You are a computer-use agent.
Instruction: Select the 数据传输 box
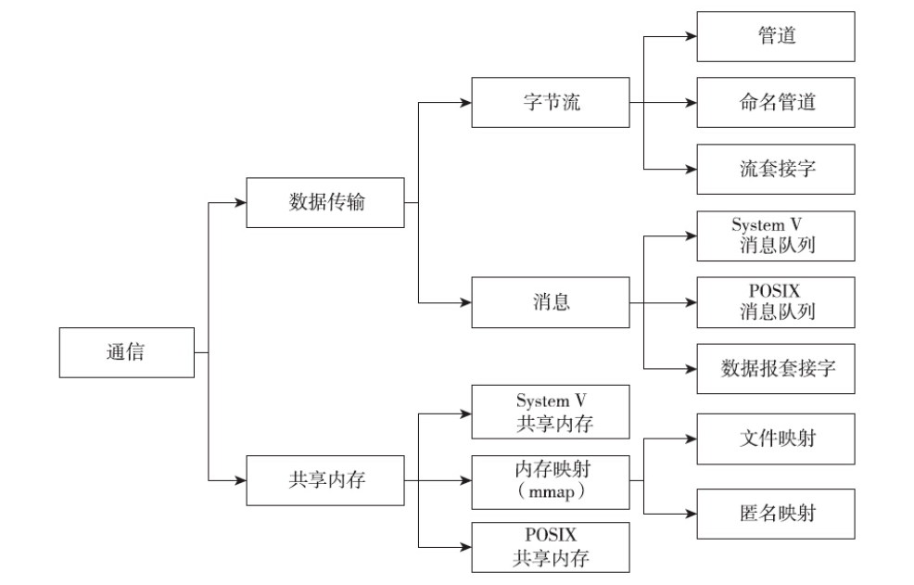[325, 203]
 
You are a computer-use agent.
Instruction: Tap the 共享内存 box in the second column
[325, 479]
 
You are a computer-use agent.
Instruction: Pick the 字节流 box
[551, 102]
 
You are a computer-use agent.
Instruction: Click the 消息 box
[551, 302]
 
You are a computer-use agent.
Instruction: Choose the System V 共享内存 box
[551, 412]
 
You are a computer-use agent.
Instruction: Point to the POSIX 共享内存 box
[551, 547]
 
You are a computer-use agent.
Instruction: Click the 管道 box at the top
[776, 37]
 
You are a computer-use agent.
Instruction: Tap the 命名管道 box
[776, 102]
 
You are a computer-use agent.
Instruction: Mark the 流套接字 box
[776, 169]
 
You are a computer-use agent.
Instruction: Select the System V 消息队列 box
[776, 235]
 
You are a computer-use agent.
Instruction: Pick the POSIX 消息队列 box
[776, 302]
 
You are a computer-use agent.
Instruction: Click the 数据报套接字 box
[776, 369]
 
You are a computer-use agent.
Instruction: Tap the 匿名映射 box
[776, 513]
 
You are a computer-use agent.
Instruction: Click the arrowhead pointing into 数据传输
[239, 203]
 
